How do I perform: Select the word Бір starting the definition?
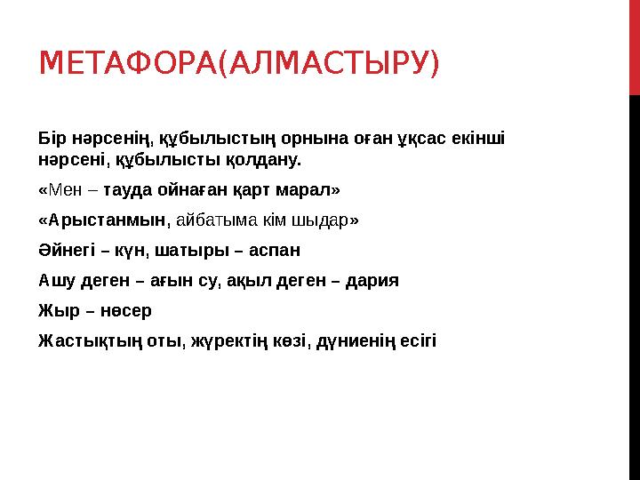52,140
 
